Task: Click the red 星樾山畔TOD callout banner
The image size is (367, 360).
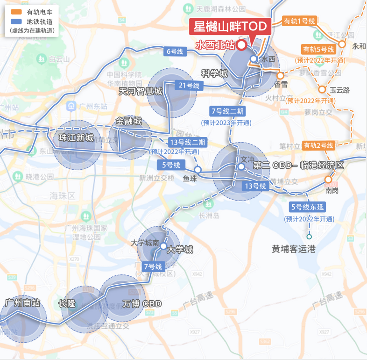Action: point(230,27)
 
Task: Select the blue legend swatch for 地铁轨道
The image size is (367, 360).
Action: point(17,21)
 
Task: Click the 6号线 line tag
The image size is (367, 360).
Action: point(175,52)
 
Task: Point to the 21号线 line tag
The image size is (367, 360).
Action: point(189,86)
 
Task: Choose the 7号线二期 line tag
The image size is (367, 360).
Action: point(226,111)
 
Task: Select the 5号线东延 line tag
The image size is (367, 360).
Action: point(309,207)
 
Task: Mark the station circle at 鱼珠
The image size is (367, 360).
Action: point(198,169)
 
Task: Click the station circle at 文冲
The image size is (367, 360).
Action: point(241,166)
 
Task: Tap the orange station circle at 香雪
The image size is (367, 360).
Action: point(280,75)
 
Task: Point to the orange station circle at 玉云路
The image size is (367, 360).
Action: point(322,90)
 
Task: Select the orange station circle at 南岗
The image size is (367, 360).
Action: point(328,180)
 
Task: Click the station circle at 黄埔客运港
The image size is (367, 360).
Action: point(309,237)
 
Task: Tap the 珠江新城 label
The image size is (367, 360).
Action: point(76,138)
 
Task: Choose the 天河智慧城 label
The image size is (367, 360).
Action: point(141,91)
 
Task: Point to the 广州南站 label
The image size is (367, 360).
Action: point(22,302)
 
